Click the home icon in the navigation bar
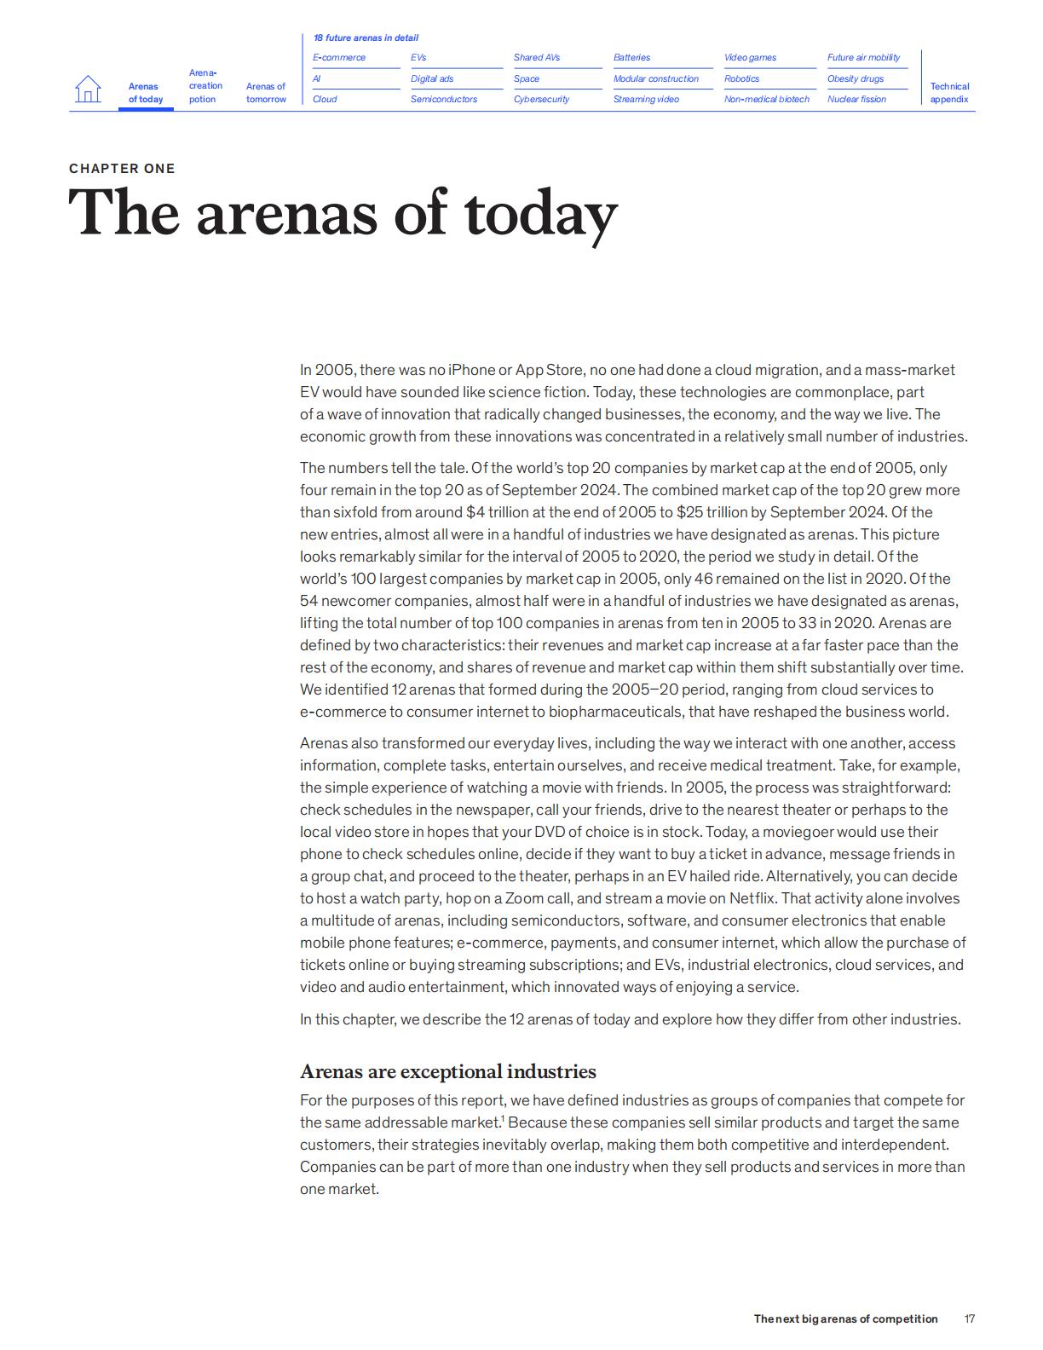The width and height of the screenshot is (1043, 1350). (88, 89)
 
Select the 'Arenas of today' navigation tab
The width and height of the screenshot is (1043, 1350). (146, 93)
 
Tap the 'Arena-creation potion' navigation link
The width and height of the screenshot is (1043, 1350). (205, 86)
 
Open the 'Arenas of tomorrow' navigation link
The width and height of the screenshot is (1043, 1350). (266, 93)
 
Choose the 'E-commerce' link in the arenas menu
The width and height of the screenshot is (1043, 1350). (339, 58)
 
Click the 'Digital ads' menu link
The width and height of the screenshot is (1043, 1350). (432, 78)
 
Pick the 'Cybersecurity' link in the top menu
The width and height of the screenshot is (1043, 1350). (541, 100)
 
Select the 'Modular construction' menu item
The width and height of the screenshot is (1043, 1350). (655, 78)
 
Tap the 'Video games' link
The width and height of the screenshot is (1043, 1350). (750, 58)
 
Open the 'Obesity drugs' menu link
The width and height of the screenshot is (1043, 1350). (855, 78)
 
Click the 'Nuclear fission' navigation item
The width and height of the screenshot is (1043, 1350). (856, 100)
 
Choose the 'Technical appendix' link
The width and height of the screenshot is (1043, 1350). (949, 93)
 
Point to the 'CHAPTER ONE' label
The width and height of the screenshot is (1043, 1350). (122, 169)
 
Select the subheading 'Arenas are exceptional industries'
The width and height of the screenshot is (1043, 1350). (447, 1071)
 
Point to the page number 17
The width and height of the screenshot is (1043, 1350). (969, 1318)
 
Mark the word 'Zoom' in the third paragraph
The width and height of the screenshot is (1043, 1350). (524, 898)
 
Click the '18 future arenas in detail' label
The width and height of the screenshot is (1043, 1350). (366, 37)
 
